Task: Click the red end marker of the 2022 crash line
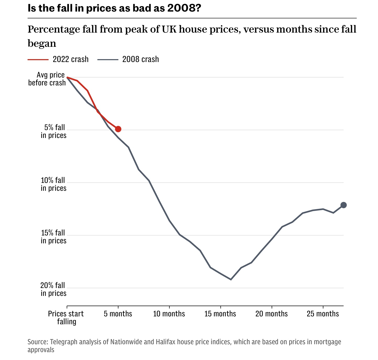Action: click(x=118, y=129)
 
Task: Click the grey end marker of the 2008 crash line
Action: click(x=343, y=205)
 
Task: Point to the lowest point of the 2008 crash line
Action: click(x=231, y=279)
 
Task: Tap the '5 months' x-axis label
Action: click(x=118, y=314)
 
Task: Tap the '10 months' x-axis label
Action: click(x=169, y=314)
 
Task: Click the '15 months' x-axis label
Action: click(x=220, y=314)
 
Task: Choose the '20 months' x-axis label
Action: click(x=271, y=314)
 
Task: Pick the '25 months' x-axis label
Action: click(x=323, y=314)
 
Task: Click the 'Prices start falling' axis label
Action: click(x=66, y=317)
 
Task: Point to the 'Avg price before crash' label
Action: click(x=47, y=79)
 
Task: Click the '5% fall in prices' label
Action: click(x=54, y=131)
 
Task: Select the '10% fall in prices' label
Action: click(x=54, y=184)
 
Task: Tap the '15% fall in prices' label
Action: click(x=54, y=237)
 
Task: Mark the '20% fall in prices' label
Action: click(x=54, y=289)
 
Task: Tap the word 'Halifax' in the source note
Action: click(x=165, y=342)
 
